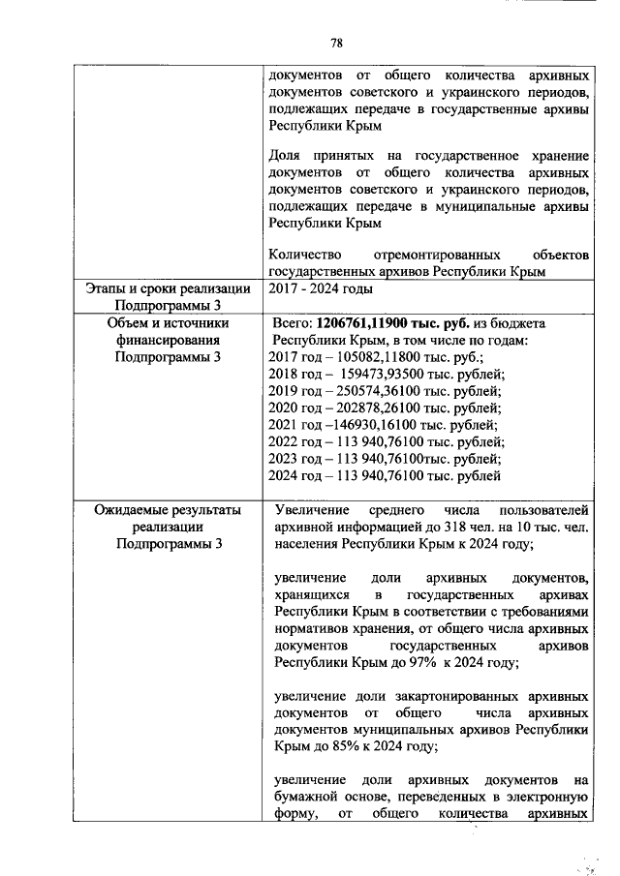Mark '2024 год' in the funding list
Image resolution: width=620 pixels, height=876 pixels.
293,476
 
